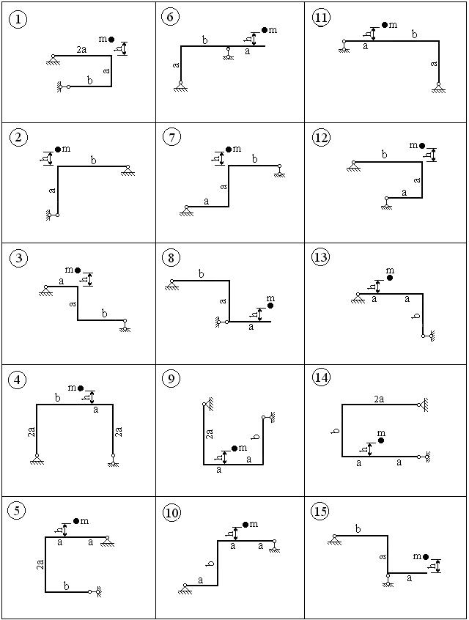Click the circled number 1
(x=18, y=20)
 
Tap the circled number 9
(x=171, y=379)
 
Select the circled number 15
(x=320, y=512)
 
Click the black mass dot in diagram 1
(x=111, y=39)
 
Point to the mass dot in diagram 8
(x=270, y=306)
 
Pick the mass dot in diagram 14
(x=381, y=440)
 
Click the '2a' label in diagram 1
(x=81, y=50)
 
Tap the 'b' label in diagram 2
(x=93, y=160)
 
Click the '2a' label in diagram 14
(x=379, y=399)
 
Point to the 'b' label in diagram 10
(x=211, y=563)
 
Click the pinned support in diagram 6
(x=181, y=86)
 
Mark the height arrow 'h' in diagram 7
(x=221, y=158)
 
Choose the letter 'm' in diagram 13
(x=390, y=270)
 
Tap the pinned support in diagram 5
(x=107, y=542)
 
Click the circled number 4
(x=18, y=380)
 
